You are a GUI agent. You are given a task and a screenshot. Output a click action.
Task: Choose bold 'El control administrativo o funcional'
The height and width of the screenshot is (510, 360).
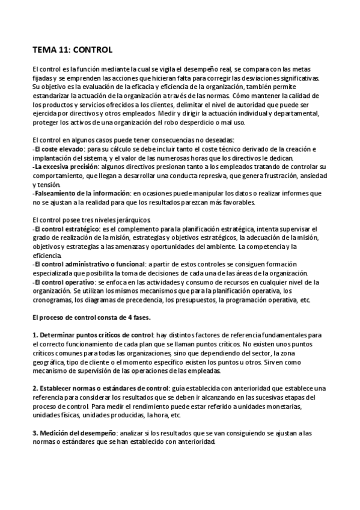tap(90, 264)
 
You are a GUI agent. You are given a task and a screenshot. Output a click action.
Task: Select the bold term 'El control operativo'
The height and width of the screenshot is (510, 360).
tap(64, 281)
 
